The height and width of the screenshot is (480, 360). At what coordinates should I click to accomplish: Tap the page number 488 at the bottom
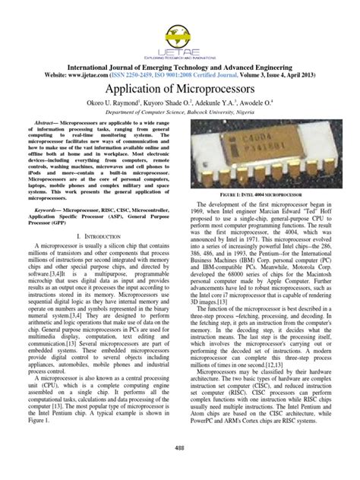(x=180, y=448)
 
